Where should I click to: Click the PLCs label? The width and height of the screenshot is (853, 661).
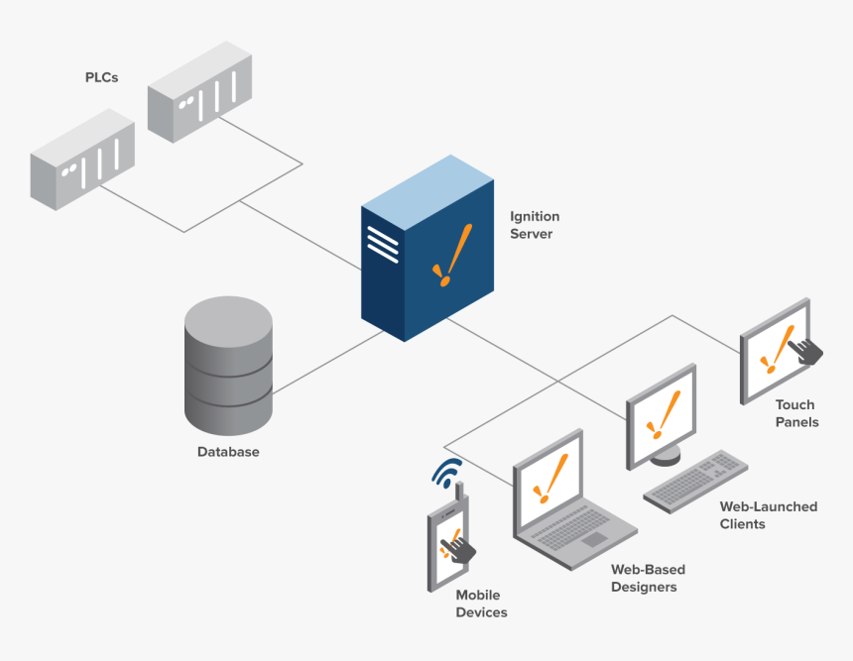[101, 77]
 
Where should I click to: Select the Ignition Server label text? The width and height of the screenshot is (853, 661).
[535, 225]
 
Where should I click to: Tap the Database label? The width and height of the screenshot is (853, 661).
[228, 452]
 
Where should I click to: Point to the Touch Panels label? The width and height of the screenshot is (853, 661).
[796, 413]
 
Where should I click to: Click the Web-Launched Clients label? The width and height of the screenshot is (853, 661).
[768, 514]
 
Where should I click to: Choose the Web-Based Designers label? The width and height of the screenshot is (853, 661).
[647, 578]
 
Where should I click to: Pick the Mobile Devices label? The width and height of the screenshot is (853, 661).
[481, 604]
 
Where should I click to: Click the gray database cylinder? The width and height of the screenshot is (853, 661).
[228, 367]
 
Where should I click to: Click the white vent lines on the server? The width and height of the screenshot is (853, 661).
[381, 243]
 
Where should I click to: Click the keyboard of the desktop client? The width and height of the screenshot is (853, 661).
[695, 480]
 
